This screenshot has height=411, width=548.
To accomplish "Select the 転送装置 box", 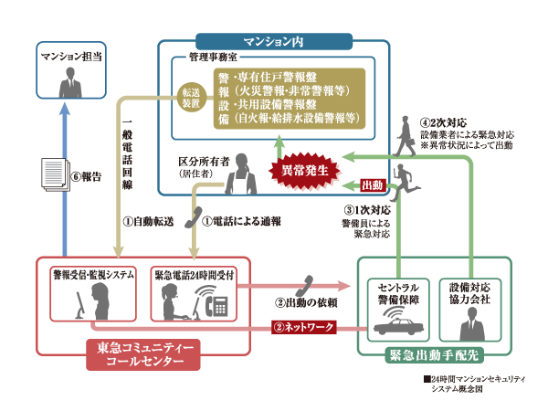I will click(191, 99).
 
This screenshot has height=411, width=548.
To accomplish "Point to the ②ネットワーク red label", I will click(301, 327).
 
